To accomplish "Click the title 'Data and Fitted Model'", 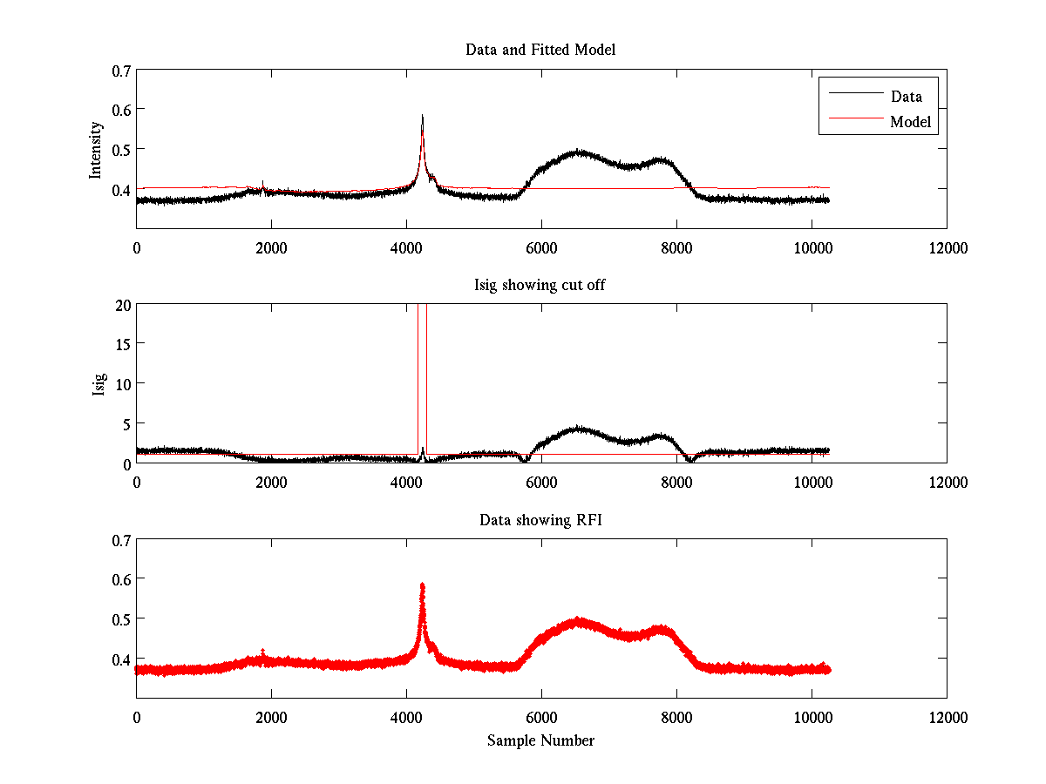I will [x=540, y=50].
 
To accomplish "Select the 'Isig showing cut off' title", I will [x=540, y=285].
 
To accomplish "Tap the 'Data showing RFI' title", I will [x=540, y=520].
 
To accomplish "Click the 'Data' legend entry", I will [x=906, y=97].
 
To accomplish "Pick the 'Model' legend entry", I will [x=910, y=122].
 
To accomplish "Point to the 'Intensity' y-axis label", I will [x=97, y=150].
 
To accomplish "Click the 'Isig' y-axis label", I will [x=99, y=384].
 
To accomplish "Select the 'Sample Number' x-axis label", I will [x=540, y=740].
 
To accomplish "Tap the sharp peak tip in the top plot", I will [x=423, y=115].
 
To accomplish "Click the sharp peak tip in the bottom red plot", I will [x=423, y=585].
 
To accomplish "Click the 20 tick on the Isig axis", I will [x=121, y=305].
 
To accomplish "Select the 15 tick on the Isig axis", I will [x=121, y=344].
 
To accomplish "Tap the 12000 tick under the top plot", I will [x=947, y=248].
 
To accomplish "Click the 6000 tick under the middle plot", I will [x=541, y=482].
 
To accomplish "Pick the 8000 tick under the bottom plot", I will [x=676, y=718].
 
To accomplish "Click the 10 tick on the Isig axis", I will [x=121, y=384].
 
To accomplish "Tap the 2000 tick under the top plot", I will [x=271, y=248].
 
